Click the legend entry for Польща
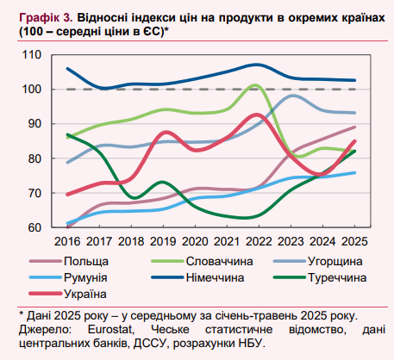tap(86, 261)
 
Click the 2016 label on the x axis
tap(67, 242)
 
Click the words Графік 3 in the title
tap(39, 16)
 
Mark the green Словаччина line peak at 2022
tap(257, 85)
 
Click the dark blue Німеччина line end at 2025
tap(354, 80)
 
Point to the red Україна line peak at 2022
tap(256, 115)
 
